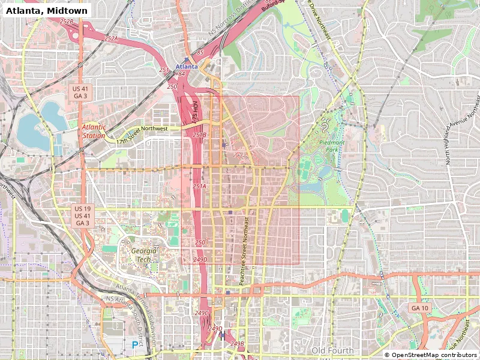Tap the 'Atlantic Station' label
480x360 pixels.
(x=94, y=131)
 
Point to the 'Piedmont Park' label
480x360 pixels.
(x=332, y=146)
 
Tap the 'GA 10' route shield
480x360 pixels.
(x=419, y=308)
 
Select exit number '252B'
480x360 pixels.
(x=67, y=22)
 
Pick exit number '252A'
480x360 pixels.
(x=111, y=38)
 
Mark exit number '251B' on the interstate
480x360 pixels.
(x=200, y=135)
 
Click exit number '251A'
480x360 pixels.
(x=199, y=187)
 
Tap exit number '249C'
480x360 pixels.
(x=202, y=313)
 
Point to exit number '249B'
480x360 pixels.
(x=238, y=344)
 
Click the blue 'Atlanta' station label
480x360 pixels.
(x=187, y=67)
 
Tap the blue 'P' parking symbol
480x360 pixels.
(x=134, y=344)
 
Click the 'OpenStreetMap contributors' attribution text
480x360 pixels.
(x=430, y=355)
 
